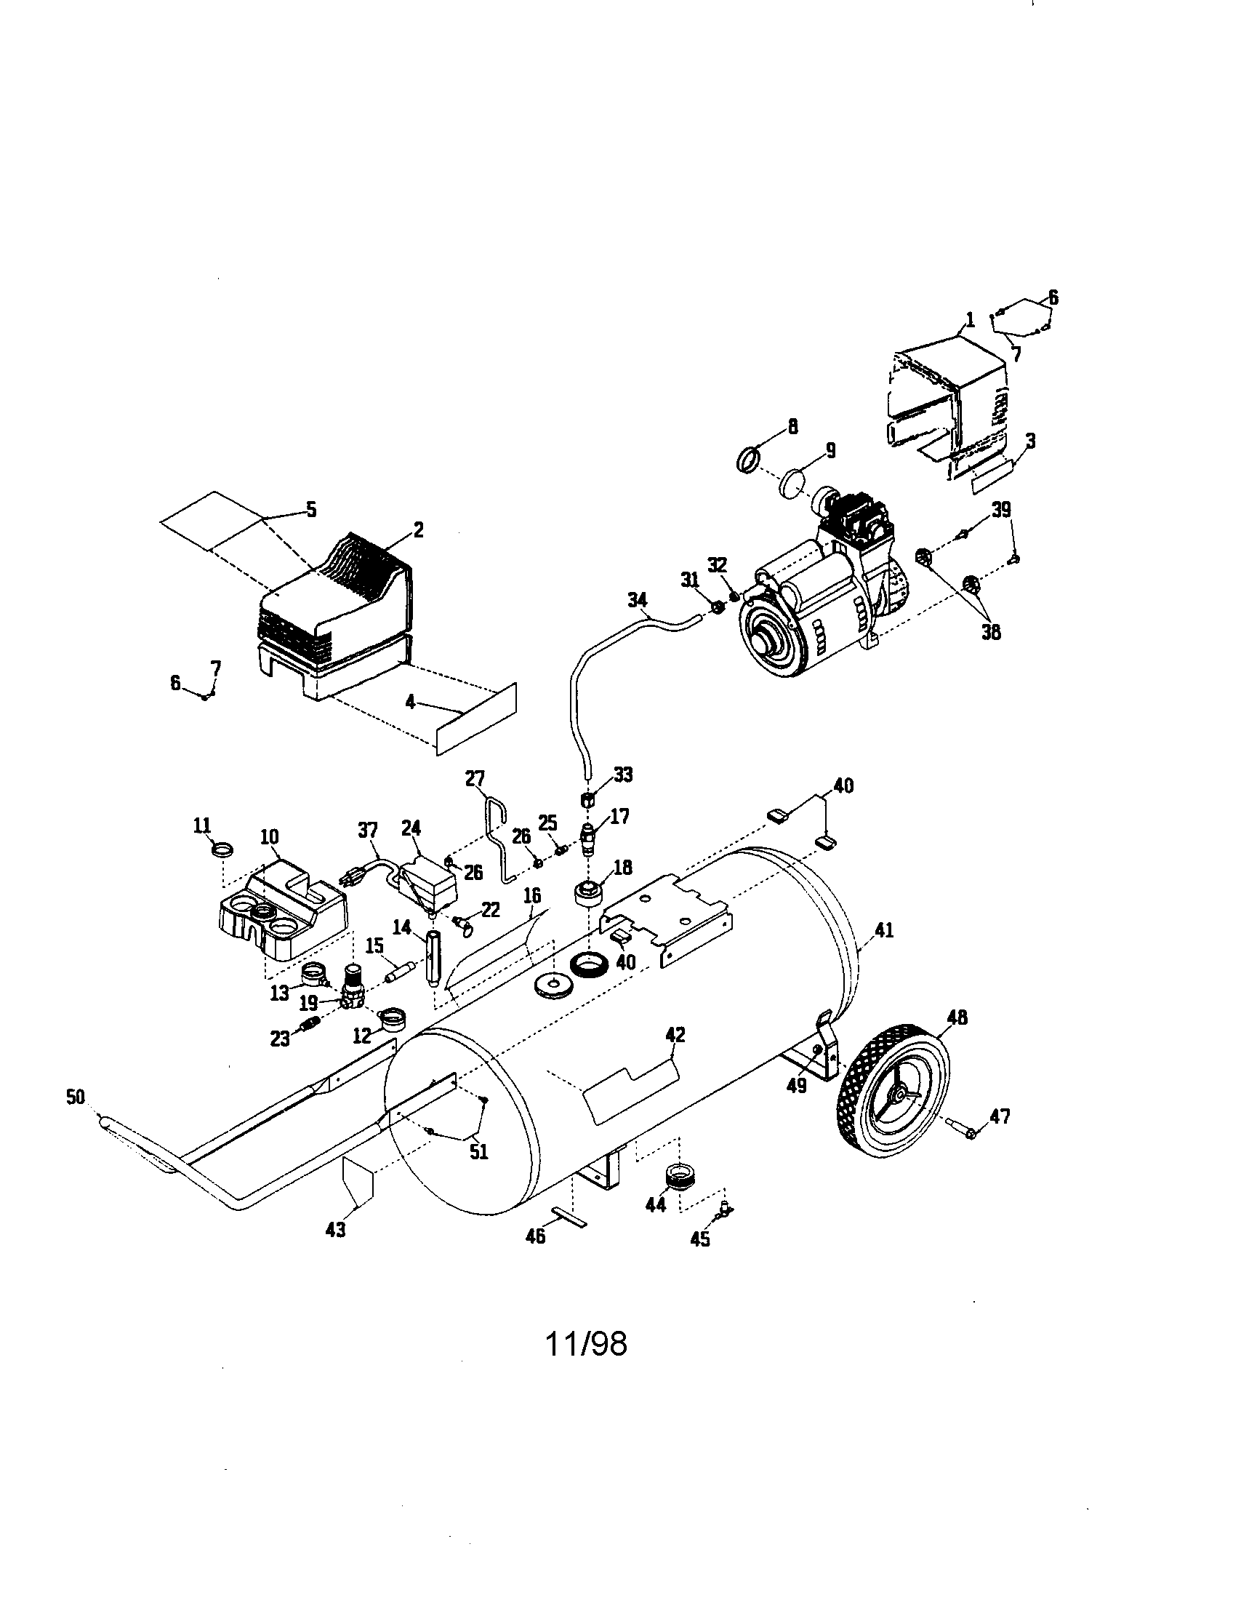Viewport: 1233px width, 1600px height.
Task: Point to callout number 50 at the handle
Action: [76, 1097]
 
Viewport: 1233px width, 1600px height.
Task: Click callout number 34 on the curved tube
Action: [638, 601]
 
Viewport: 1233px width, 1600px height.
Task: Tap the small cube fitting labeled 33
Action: [586, 799]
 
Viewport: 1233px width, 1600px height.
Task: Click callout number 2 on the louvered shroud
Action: [418, 529]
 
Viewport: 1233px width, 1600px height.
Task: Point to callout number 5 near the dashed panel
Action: [311, 510]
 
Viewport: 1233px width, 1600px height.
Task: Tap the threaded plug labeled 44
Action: [680, 1176]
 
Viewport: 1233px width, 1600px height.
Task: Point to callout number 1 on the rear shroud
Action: [969, 319]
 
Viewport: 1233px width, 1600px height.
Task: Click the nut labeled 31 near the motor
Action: [718, 607]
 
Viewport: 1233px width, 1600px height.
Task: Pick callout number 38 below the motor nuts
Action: [991, 631]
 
